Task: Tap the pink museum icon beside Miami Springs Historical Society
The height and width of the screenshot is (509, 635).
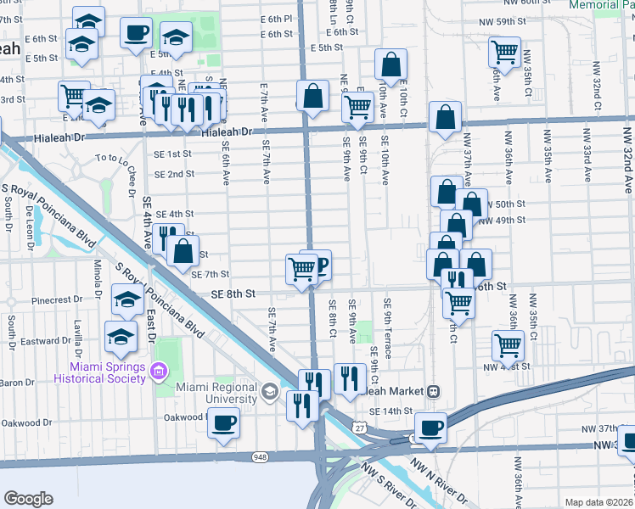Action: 157,372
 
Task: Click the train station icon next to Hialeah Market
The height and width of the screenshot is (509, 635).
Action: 433,391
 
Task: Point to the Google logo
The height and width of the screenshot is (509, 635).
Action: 28,499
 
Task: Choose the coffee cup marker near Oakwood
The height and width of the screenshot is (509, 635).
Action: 223,422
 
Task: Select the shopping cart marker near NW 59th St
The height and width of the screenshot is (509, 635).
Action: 504,53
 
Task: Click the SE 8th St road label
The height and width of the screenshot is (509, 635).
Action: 233,294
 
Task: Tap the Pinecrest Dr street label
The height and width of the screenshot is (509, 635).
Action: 56,300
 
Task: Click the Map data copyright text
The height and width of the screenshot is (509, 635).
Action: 598,502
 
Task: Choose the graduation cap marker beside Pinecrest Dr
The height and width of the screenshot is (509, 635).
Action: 127,299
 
